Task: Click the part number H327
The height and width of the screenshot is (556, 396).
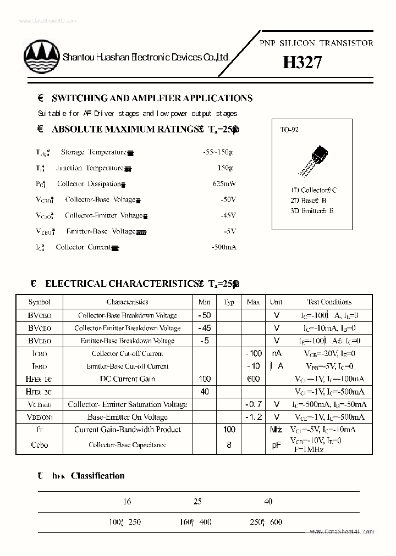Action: [302, 63]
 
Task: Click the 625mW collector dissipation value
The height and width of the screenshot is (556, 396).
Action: [224, 184]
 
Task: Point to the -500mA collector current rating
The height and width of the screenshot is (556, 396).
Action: [223, 247]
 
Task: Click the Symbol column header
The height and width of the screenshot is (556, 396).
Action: [40, 302]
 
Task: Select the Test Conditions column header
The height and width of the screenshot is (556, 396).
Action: [329, 302]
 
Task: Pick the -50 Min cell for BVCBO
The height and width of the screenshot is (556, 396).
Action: [205, 315]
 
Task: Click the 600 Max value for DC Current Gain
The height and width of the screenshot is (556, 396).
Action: [253, 379]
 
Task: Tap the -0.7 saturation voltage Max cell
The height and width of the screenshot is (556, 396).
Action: [253, 404]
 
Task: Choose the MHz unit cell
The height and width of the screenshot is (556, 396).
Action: [276, 430]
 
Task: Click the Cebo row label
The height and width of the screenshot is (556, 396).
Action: [40, 444]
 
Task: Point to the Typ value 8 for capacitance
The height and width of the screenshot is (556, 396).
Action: [229, 444]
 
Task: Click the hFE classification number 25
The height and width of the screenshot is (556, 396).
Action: [197, 501]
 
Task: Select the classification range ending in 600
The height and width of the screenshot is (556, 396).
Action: [265, 522]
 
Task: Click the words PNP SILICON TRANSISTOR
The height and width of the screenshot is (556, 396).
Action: [316, 43]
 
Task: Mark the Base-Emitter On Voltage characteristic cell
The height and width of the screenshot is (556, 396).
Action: [127, 417]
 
